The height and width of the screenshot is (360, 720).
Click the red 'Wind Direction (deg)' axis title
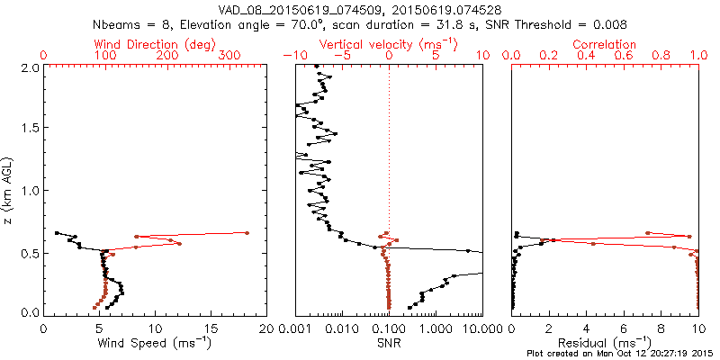156,44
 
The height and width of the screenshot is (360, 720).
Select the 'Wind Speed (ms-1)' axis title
154,344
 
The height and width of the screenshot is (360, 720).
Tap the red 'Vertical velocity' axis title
388,44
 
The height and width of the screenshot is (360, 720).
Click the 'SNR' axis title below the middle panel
388,344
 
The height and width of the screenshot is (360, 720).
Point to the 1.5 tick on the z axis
31,129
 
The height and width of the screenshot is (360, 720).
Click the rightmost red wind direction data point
247,233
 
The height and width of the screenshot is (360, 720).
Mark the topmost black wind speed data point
57,233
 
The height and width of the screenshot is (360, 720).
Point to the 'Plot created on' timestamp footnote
621,354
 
